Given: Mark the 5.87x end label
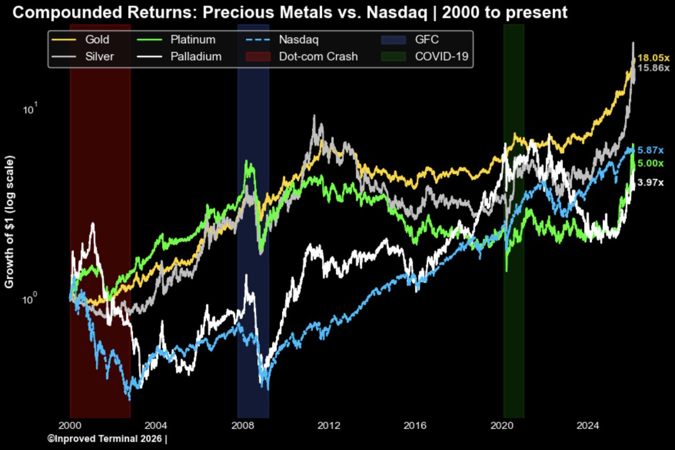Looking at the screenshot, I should pyautogui.click(x=651, y=151).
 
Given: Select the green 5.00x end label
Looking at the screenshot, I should pyautogui.click(x=651, y=163).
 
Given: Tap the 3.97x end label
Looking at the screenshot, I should pyautogui.click(x=651, y=182).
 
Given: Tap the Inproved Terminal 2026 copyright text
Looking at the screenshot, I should pyautogui.click(x=107, y=438).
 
